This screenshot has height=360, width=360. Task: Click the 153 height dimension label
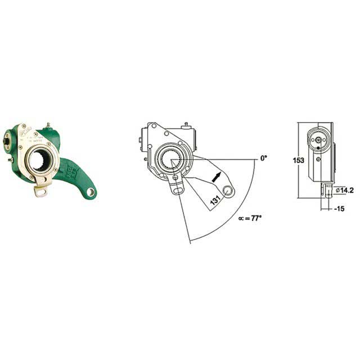[x=298, y=160]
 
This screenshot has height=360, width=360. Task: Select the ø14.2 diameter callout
[x=344, y=190]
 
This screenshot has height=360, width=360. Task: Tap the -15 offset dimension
[x=338, y=209]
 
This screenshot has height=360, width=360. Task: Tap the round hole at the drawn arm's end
[x=228, y=190]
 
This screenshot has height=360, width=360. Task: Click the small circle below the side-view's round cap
[x=318, y=159]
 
